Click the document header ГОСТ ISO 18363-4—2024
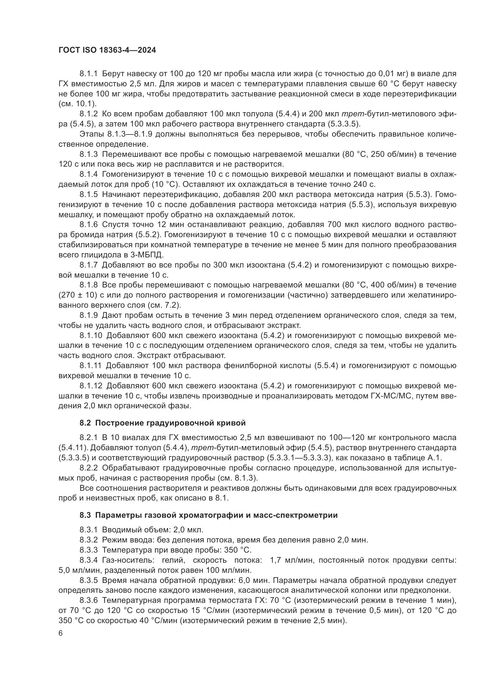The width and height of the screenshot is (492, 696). click(x=107, y=50)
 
